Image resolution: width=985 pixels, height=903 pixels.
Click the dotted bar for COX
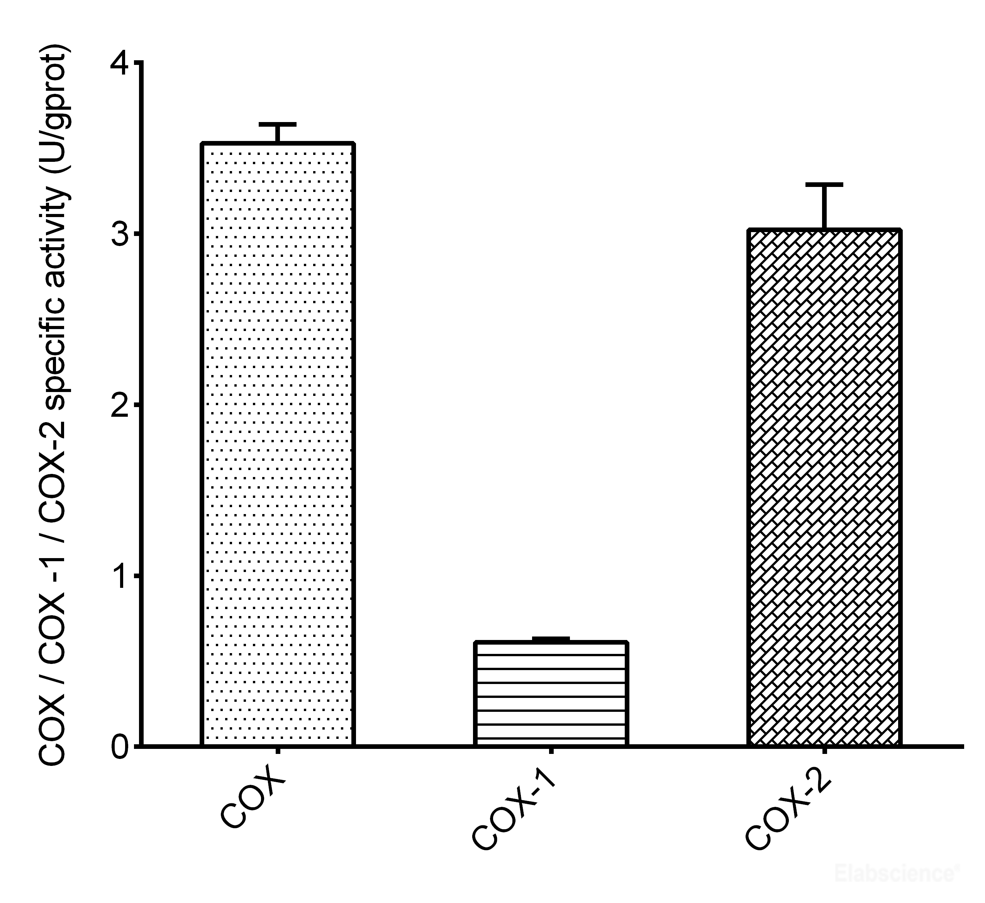point(278,445)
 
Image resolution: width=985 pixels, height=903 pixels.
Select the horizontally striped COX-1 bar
point(551,694)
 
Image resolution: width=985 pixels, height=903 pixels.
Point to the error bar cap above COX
point(278,124)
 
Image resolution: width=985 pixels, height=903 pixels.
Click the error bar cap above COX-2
point(824,185)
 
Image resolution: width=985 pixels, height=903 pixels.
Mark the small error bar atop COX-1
point(551,639)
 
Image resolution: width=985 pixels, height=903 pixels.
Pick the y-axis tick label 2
point(120,405)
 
